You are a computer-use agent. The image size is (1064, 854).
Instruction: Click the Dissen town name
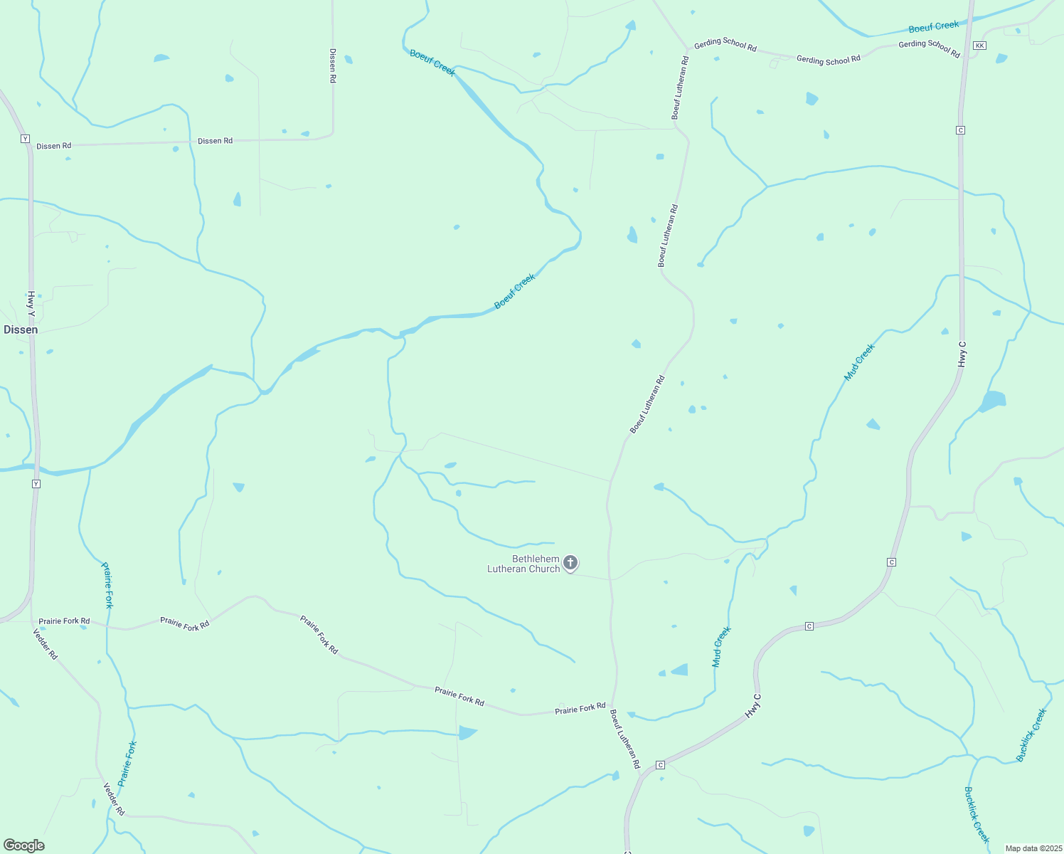pos(21,330)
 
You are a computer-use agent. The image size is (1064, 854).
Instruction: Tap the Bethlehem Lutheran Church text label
pos(523,564)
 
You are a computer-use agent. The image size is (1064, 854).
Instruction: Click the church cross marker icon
pos(570,563)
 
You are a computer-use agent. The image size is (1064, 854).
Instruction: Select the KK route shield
pos(979,46)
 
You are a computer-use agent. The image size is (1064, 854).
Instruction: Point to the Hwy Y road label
pos(31,304)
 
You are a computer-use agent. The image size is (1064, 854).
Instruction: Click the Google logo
pos(24,845)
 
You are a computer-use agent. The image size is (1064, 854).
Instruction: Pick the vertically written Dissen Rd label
pos(332,65)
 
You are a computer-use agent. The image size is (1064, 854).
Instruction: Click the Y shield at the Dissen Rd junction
pos(25,138)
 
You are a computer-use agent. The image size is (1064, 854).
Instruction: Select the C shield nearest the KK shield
pos(960,130)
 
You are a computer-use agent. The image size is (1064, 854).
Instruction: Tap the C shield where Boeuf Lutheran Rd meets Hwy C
pos(660,764)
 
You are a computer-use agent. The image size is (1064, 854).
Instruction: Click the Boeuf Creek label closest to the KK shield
pos(933,27)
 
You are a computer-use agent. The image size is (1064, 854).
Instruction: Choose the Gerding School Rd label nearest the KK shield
pos(929,48)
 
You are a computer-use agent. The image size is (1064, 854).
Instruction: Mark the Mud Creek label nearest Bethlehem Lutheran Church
pos(721,646)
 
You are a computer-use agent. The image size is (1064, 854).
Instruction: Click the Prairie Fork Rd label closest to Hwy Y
pos(64,621)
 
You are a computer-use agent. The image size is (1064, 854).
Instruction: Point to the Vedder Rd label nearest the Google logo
pos(114,798)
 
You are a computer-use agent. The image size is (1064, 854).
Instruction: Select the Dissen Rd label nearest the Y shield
pos(54,146)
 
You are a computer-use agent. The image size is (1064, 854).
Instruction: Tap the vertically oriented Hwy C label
pos(962,354)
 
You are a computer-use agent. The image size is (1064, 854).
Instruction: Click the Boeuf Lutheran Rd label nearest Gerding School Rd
pos(680,88)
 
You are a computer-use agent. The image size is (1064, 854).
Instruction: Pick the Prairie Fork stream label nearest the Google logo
pos(127,763)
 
